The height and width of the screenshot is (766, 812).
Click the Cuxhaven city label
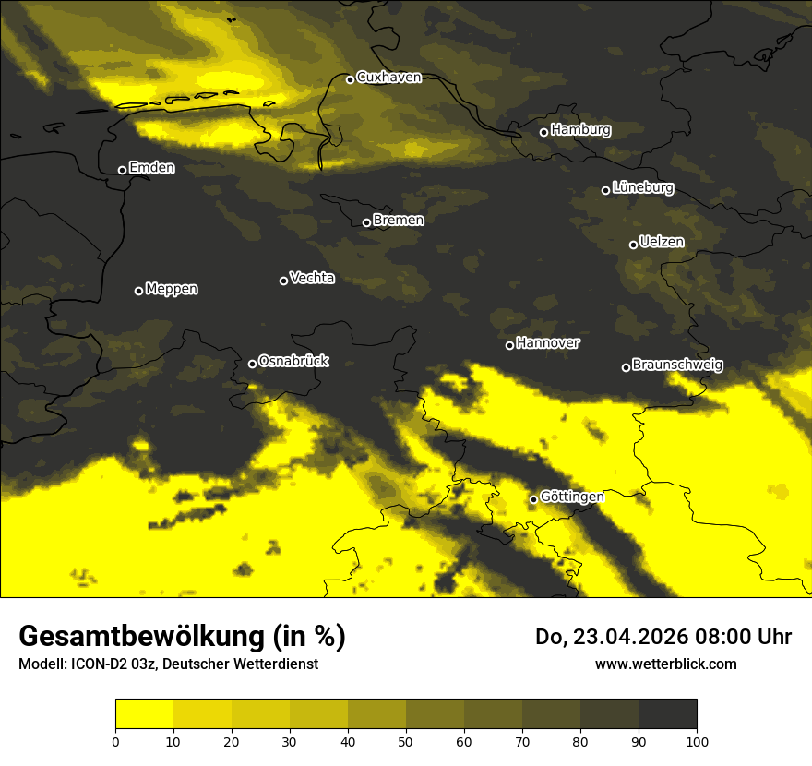pyautogui.click(x=388, y=78)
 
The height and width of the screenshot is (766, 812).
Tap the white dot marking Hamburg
pyautogui.click(x=543, y=132)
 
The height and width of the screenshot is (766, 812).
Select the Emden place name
pyautogui.click(x=151, y=168)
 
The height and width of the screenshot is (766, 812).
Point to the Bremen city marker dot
pyautogui.click(x=366, y=222)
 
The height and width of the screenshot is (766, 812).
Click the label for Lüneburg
pyautogui.click(x=642, y=188)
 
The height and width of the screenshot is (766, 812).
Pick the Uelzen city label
pyautogui.click(x=662, y=242)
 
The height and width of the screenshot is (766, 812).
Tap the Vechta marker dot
pyautogui.click(x=283, y=281)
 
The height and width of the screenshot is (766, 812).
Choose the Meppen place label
pyautogui.click(x=172, y=289)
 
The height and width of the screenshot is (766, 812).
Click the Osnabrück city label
pyautogui.click(x=293, y=361)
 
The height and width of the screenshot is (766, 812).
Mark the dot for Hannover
pyautogui.click(x=509, y=345)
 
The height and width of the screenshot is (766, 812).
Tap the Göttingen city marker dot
pyautogui.click(x=533, y=499)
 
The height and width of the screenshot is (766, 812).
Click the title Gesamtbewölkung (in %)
pyautogui.click(x=182, y=637)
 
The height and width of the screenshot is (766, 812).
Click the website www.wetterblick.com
pyautogui.click(x=665, y=664)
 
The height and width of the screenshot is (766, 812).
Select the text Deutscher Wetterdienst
pyautogui.click(x=244, y=664)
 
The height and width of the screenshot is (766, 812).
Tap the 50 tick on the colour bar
pyautogui.click(x=406, y=741)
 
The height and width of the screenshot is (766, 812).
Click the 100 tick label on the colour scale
pyautogui.click(x=697, y=741)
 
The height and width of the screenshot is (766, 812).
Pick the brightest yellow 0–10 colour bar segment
pyautogui.click(x=144, y=714)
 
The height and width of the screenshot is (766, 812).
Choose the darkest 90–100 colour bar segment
pyautogui.click(x=667, y=714)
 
